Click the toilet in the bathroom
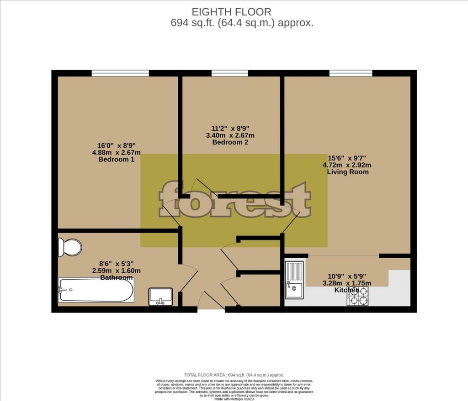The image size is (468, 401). tap(69, 247)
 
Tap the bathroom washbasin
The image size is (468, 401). tap(160, 296)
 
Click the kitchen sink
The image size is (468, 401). tap(294, 279)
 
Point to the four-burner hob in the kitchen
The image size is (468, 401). tap(357, 297)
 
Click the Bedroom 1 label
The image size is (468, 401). tap(116, 160)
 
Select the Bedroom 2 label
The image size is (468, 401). tap(231, 142)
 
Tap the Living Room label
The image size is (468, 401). tap(348, 172)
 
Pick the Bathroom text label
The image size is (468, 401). tap(117, 277)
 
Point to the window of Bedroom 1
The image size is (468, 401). tap(120, 73)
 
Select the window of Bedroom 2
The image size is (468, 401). tap(230, 73)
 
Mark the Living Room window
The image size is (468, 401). tap(351, 73)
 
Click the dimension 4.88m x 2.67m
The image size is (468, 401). tap(116, 153)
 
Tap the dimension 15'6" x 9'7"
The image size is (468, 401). tap(348, 158)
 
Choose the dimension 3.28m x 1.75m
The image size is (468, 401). tap(347, 283)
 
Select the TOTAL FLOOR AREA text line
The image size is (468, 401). tap(234, 374)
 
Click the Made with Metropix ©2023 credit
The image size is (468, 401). tap(234, 398)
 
